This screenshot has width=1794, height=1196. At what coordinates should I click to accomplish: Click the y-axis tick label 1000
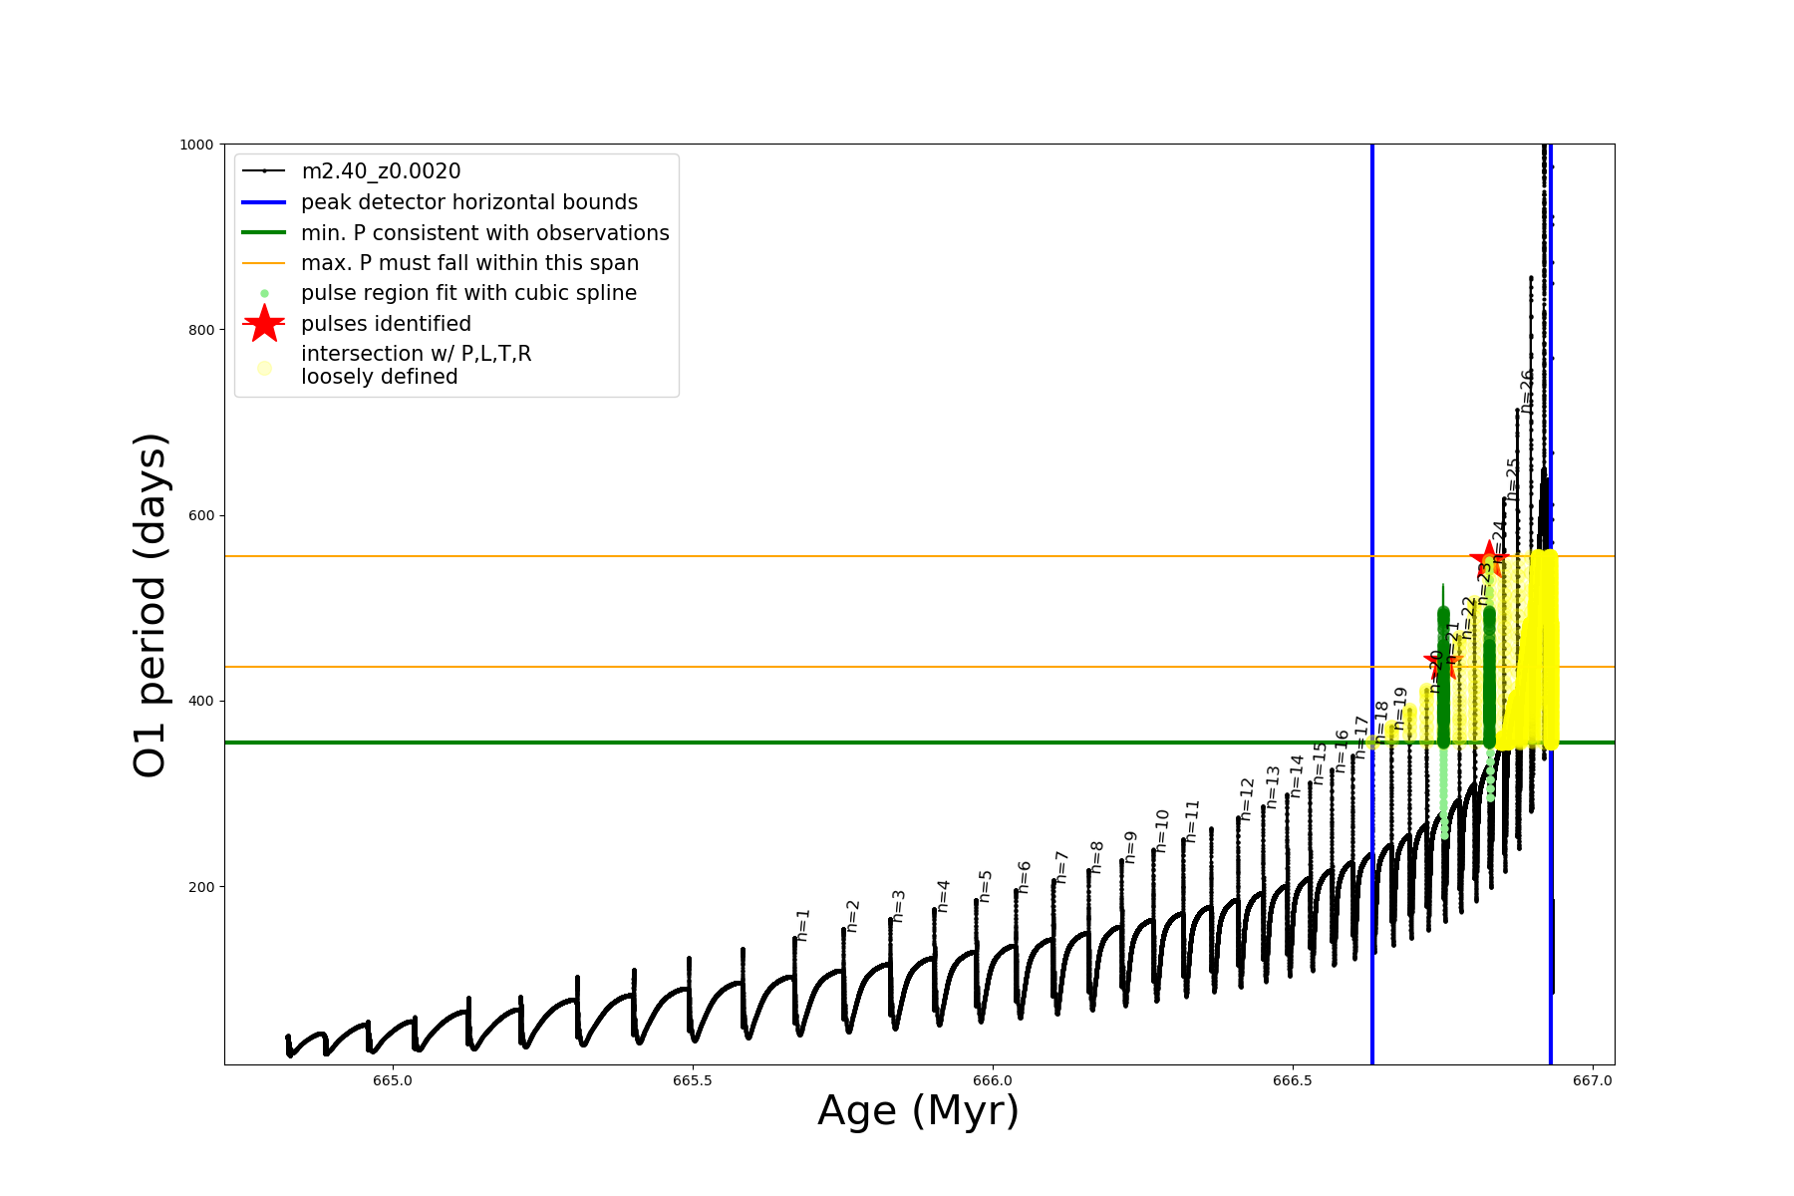(x=196, y=145)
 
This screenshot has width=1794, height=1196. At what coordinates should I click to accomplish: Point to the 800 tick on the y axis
(x=201, y=330)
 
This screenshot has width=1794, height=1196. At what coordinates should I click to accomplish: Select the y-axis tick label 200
(x=201, y=887)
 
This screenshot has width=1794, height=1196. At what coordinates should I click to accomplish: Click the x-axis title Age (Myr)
(x=918, y=1111)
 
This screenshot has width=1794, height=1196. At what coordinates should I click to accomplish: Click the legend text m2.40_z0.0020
(x=381, y=171)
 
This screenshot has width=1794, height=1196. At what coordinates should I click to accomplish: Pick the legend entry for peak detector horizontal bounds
(x=468, y=202)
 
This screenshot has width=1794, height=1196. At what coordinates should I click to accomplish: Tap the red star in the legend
(x=264, y=323)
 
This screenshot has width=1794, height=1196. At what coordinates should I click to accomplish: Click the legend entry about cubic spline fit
(x=468, y=293)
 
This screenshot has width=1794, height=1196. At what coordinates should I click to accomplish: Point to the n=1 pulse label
(x=803, y=925)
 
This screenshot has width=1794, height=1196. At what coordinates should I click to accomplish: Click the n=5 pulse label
(x=986, y=886)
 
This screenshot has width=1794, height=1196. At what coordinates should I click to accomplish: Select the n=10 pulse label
(x=1162, y=830)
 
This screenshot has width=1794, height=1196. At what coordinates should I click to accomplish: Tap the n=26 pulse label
(x=1527, y=391)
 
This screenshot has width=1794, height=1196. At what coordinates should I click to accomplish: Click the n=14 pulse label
(x=1297, y=775)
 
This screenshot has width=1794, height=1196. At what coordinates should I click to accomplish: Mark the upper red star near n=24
(x=1489, y=558)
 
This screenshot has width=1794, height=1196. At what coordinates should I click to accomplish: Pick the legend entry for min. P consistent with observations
(x=484, y=233)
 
